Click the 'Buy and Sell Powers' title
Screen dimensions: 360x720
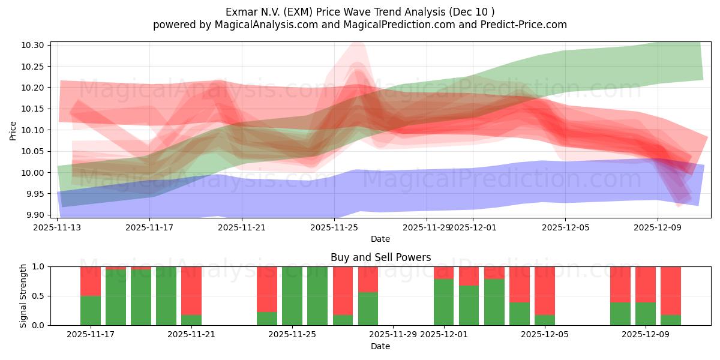380,257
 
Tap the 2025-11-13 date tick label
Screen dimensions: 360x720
58,227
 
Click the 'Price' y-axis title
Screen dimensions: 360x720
13,130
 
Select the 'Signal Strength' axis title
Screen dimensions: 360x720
23,296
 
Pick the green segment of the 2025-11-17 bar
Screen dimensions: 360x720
91,310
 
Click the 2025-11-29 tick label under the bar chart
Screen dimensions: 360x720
393,335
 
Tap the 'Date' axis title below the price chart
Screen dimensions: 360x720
380,239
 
